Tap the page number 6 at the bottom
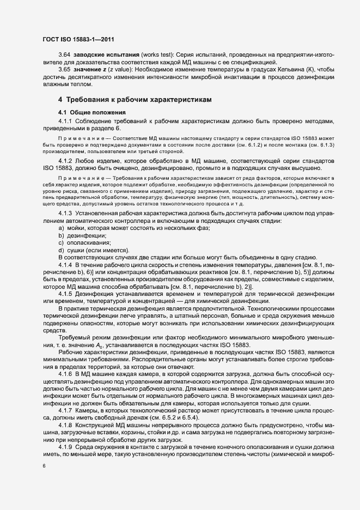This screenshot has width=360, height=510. point(44,466)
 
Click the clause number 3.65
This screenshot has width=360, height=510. point(64,70)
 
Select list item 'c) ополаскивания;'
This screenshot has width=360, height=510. point(84,242)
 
